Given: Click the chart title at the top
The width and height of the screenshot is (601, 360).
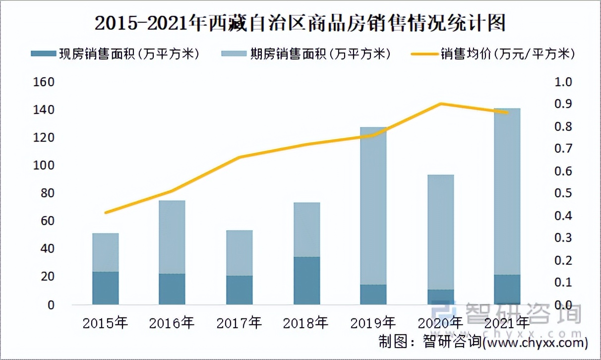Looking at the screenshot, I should point(300,23).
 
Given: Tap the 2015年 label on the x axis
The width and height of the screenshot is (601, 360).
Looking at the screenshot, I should point(105,323).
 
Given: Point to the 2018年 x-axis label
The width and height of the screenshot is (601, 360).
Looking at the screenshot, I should point(306,323).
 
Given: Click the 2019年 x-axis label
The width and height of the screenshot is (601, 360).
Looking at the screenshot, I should point(373,323).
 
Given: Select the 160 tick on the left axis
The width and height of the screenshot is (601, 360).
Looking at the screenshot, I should point(44,82).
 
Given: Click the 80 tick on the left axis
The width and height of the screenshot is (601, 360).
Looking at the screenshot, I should point(47,193).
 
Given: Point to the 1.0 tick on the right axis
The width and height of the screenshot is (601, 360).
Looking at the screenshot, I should point(564,82).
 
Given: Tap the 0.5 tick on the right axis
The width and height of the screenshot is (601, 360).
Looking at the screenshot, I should point(564,193).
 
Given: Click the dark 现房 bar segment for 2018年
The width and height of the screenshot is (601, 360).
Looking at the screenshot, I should point(306,281).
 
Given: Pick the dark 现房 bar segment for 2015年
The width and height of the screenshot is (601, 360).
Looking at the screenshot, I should point(105,288).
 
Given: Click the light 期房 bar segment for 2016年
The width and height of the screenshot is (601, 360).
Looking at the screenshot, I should point(172,237).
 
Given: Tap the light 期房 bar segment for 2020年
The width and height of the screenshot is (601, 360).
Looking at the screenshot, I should point(440,232).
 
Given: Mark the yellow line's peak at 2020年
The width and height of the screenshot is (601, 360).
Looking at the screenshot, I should point(440,104).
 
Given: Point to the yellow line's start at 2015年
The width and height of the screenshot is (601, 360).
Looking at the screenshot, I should point(105,213).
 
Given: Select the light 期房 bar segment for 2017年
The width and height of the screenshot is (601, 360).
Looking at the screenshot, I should point(239,253).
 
